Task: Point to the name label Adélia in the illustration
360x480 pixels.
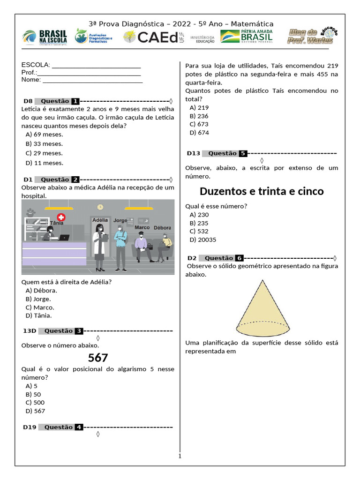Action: pyautogui.click(x=100, y=220)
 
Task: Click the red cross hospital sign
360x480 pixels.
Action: pyautogui.click(x=60, y=217)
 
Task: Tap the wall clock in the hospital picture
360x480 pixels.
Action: pyautogui.click(x=100, y=207)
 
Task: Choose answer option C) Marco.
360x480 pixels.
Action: pyautogui.click(x=40, y=307)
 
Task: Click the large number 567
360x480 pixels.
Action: pyautogui.click(x=98, y=358)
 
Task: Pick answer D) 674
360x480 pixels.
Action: pyautogui.click(x=199, y=133)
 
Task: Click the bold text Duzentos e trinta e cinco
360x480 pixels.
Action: pyautogui.click(x=262, y=192)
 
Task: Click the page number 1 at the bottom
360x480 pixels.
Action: pyautogui.click(x=180, y=456)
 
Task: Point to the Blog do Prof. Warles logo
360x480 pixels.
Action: pyautogui.click(x=312, y=36)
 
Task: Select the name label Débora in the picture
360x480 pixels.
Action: pyautogui.click(x=162, y=228)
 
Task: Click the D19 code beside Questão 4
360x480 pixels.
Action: pyautogui.click(x=30, y=427)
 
